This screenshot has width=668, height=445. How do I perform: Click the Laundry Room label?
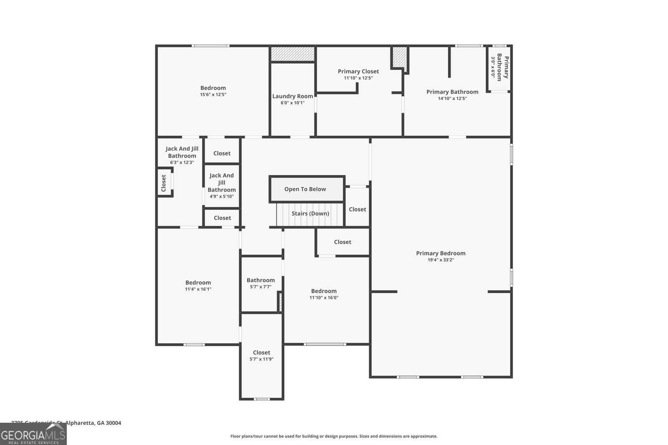tap(292, 96)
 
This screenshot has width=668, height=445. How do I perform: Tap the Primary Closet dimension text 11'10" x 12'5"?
tap(358, 78)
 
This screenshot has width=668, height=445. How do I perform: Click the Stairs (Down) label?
tap(310, 214)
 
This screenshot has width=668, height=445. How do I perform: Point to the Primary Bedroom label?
tap(440, 253)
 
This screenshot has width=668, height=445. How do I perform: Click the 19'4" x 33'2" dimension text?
tap(440, 260)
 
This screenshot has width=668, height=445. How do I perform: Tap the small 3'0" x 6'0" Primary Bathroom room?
tap(499, 68)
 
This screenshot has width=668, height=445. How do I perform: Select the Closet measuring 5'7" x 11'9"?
tap(261, 356)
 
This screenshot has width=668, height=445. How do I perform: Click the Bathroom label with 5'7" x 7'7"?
tap(261, 280)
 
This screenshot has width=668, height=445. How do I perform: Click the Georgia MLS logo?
tap(33, 434)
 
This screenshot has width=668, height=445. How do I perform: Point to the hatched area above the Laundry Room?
tap(292, 54)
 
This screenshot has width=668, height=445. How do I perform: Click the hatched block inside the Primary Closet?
tap(399, 56)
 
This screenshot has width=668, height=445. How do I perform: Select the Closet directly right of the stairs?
tap(357, 209)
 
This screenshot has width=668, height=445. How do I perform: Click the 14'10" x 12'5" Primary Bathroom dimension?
tap(452, 99)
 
